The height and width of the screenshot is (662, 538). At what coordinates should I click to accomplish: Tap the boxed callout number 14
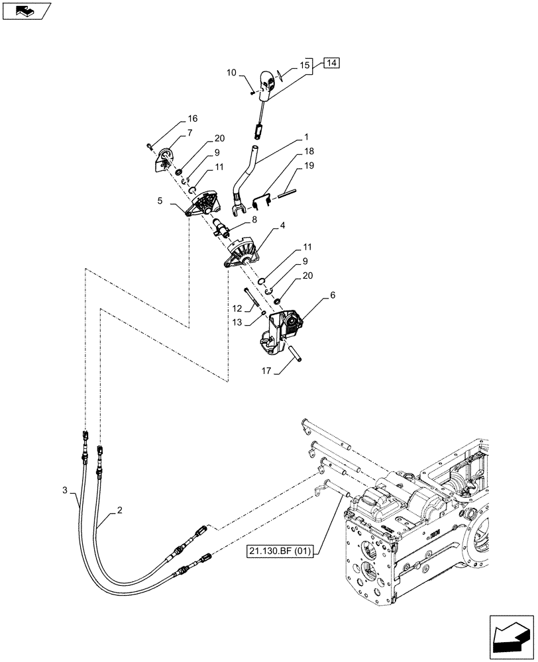coord(331,64)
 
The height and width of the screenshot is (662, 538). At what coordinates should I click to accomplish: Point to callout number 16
coord(193,118)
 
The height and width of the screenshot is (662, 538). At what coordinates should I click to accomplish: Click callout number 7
coord(189,132)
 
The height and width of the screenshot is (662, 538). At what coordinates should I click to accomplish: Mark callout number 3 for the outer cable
coord(64,489)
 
